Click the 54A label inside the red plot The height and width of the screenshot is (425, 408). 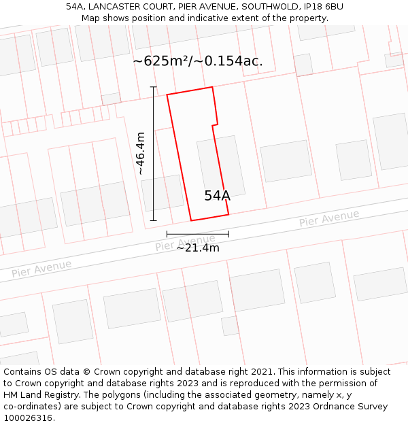coord(217,196)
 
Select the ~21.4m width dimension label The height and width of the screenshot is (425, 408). coord(198,248)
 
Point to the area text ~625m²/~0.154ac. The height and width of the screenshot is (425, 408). coord(198,61)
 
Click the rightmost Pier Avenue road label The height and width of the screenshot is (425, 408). coord(329,219)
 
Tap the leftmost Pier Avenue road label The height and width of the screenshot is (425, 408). coord(41,269)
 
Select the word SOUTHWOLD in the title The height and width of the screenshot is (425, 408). coord(268,7)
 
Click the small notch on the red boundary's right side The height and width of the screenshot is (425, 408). coord(216,124)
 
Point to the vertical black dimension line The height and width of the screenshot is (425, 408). coord(154,154)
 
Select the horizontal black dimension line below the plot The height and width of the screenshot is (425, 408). coord(198,234)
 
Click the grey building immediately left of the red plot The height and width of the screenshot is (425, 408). coord(163,193)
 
